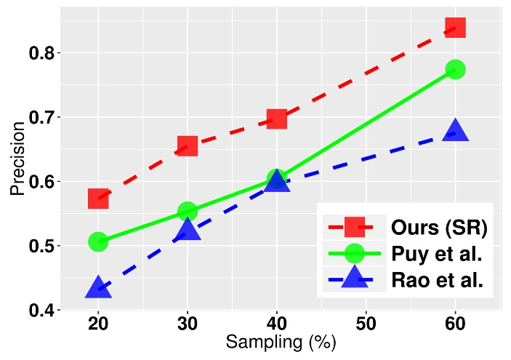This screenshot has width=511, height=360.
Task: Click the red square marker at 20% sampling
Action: pyautogui.click(x=98, y=198)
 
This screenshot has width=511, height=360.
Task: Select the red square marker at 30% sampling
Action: pyautogui.click(x=188, y=146)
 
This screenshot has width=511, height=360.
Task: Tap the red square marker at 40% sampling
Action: pyautogui.click(x=276, y=119)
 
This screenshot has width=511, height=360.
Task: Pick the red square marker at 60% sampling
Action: pyautogui.click(x=455, y=28)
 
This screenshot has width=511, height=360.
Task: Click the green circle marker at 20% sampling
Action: pyautogui.click(x=98, y=241)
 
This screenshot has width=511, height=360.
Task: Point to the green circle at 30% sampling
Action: pyautogui.click(x=188, y=211)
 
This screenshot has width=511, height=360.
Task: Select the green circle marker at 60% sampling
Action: pyautogui.click(x=455, y=69)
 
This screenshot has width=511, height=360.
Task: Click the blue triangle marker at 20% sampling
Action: pyautogui.click(x=98, y=288)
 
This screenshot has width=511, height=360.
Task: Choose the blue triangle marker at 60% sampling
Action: pyautogui.click(x=455, y=132)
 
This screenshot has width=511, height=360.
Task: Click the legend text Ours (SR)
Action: pyautogui.click(x=438, y=226)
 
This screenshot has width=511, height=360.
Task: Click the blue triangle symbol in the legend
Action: pyautogui.click(x=354, y=279)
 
